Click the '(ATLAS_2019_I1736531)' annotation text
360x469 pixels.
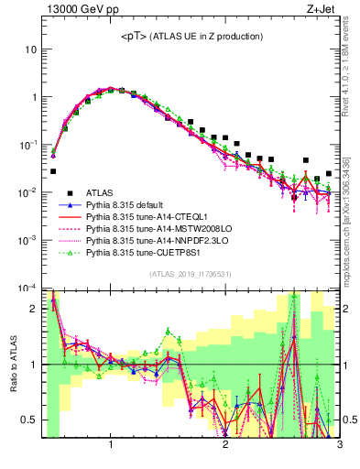pyautogui.click(x=191, y=274)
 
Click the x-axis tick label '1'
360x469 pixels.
pyautogui.click(x=111, y=446)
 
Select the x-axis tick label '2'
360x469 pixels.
pyautogui.click(x=225, y=446)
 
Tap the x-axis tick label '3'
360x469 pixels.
pyautogui.click(x=339, y=446)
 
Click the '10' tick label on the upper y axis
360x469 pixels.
pyautogui.click(x=30, y=49)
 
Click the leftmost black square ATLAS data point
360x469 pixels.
pyautogui.click(x=53, y=171)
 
